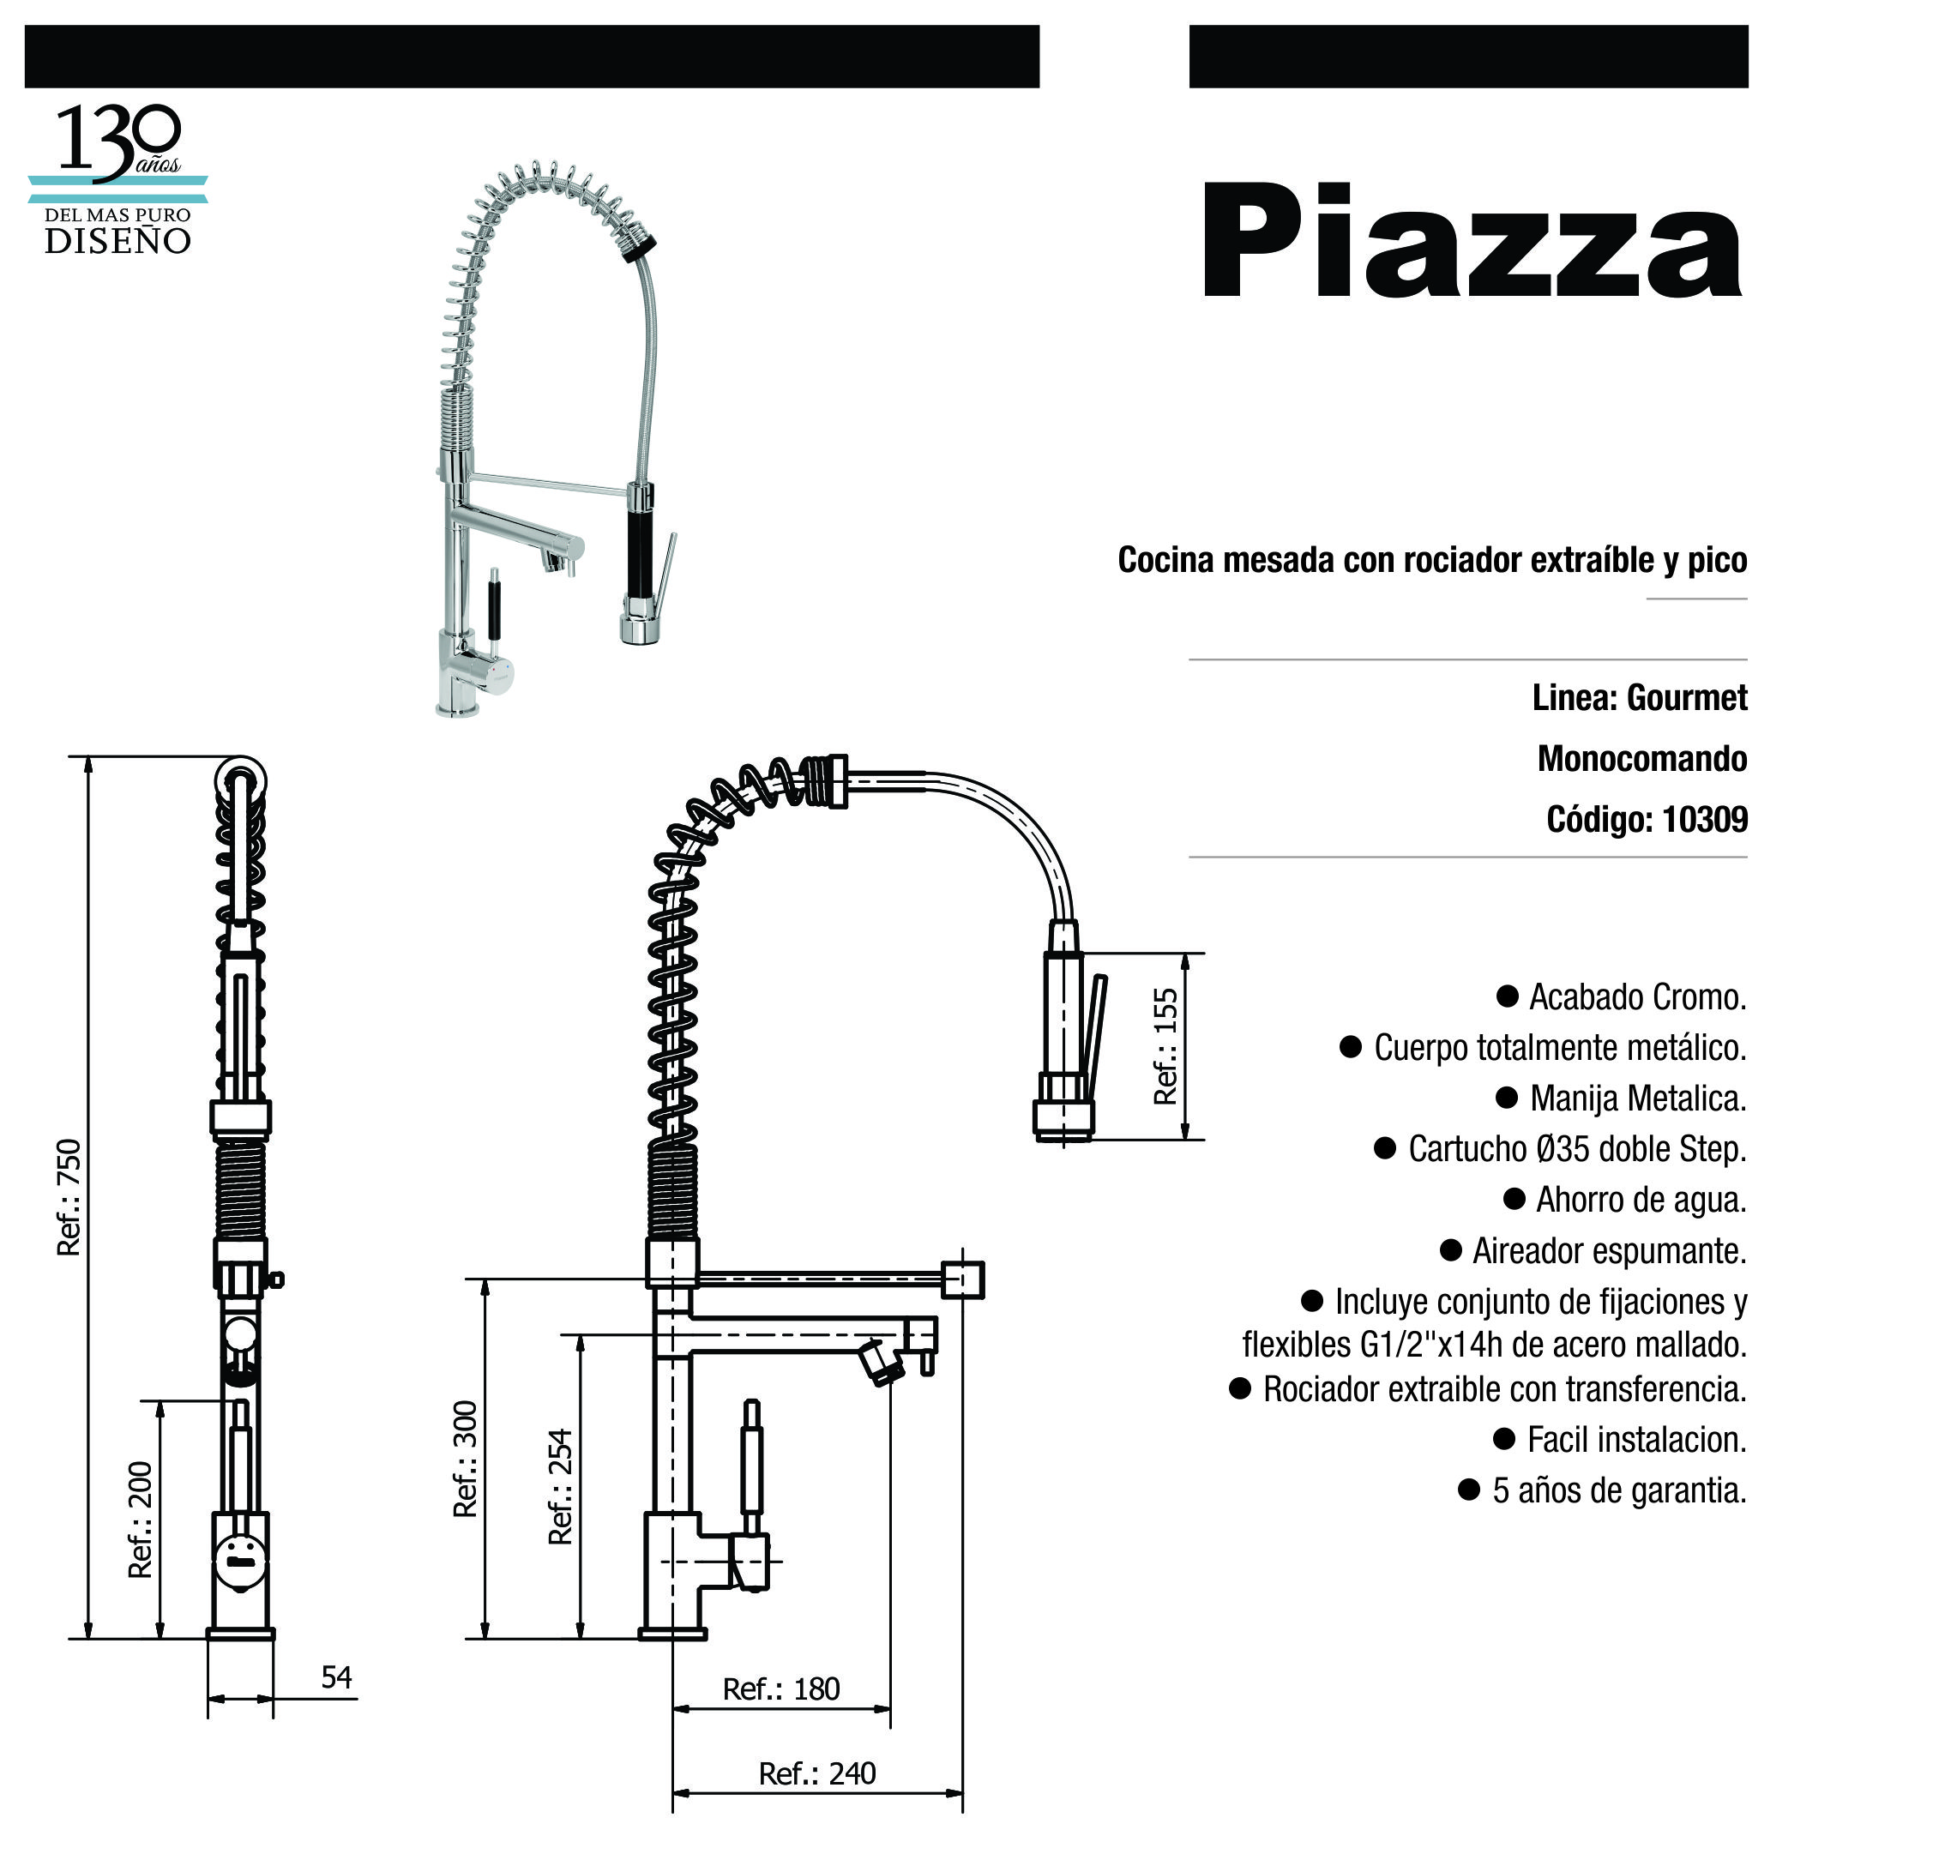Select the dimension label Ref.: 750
(69, 1197)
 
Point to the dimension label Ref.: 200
(141, 1519)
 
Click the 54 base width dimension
(336, 1677)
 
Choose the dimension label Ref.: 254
(560, 1487)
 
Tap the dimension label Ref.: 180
(781, 1688)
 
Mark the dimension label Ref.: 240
(817, 1773)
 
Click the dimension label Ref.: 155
(1165, 1046)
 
